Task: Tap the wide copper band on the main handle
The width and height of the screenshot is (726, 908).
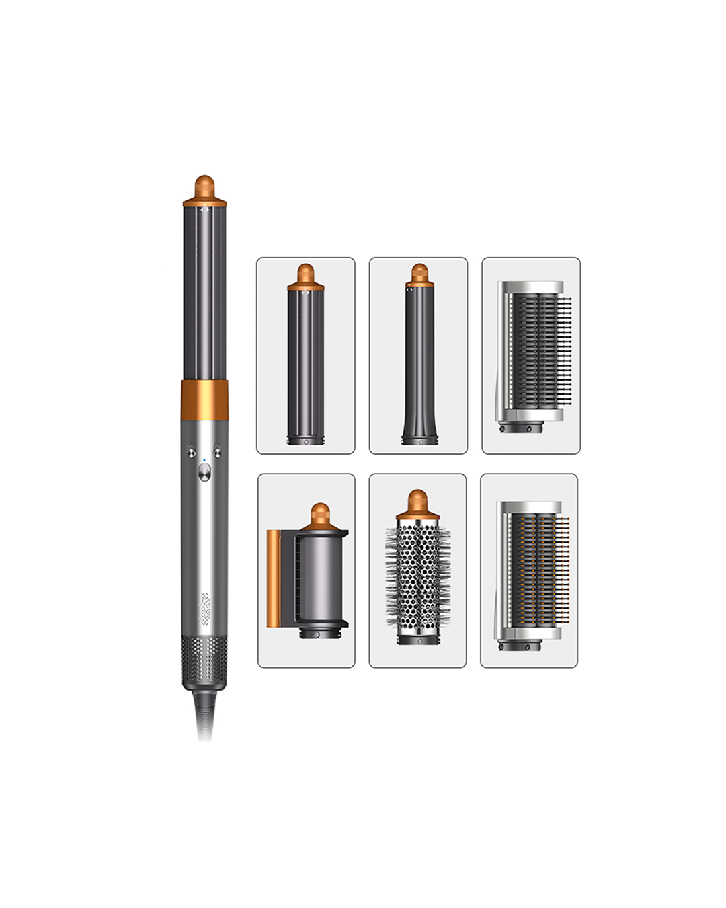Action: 204,396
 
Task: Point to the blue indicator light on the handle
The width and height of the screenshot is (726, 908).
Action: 204,461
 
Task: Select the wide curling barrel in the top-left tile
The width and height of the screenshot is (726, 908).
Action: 306,367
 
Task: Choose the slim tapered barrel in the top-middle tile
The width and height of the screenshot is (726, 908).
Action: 419,367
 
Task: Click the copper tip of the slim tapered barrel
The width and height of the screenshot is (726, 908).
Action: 419,273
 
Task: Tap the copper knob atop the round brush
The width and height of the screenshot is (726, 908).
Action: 417,502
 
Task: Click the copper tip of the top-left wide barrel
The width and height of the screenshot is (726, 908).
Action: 306,274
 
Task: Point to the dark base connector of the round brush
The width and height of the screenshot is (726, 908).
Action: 417,637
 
